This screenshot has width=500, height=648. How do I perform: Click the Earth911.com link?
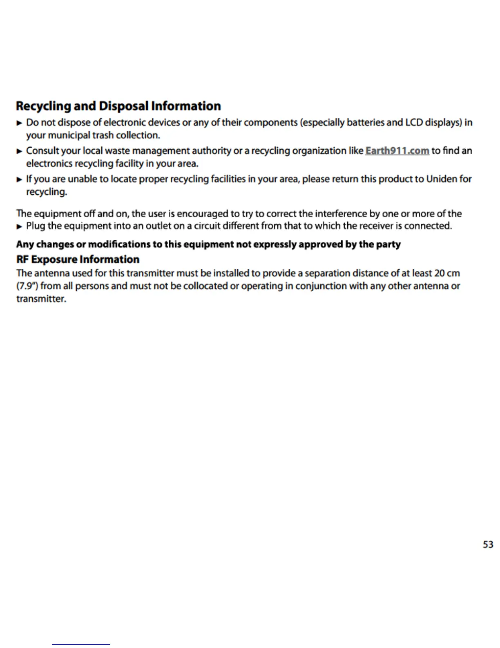[x=397, y=151]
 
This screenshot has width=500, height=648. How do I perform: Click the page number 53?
[x=488, y=544]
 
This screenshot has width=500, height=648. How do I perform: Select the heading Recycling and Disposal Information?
[x=118, y=106]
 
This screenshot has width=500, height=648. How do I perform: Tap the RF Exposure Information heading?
[x=78, y=259]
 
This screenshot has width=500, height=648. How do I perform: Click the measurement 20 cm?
[x=447, y=273]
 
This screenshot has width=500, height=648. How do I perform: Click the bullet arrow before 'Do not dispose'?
[x=19, y=123]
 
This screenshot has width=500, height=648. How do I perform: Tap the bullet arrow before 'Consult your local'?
[x=19, y=151]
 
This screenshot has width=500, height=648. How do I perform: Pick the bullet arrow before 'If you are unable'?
[x=19, y=179]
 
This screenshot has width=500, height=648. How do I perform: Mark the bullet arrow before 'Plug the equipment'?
[x=19, y=226]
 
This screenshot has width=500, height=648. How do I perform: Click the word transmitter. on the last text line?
[x=41, y=299]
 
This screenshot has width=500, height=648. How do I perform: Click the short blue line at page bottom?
[x=81, y=644]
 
